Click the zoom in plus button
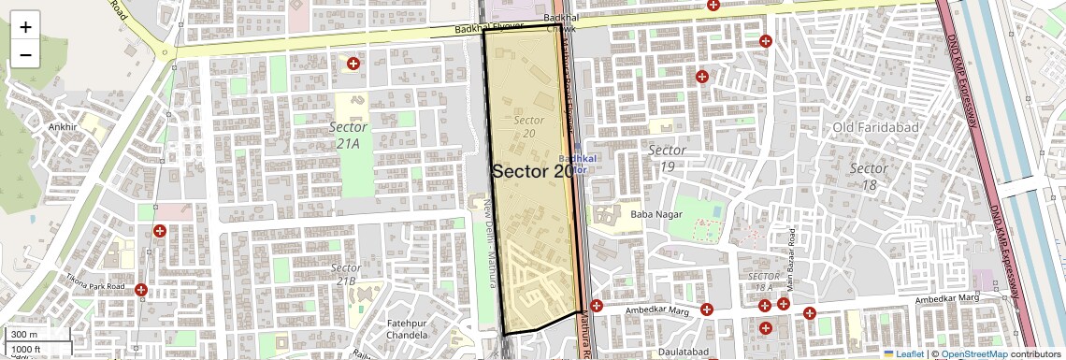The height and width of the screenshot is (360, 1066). coord(25,27)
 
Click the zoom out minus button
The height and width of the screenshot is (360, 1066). coord(25,55)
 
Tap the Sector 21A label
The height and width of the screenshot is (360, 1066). coord(348,135)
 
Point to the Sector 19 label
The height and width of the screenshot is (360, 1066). coord(667,158)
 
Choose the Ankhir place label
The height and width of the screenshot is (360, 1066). coord(63,126)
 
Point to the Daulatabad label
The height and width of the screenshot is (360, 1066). coord(681,352)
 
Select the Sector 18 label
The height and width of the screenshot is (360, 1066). coord(869,177)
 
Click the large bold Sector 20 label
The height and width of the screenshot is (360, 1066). coord(532,171)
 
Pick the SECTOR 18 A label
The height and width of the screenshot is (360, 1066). coord(764,282)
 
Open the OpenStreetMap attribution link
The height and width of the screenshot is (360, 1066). coord(974,353)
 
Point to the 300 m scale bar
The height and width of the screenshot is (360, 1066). coord(37,335)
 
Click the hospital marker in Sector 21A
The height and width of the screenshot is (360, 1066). coord(353,64)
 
